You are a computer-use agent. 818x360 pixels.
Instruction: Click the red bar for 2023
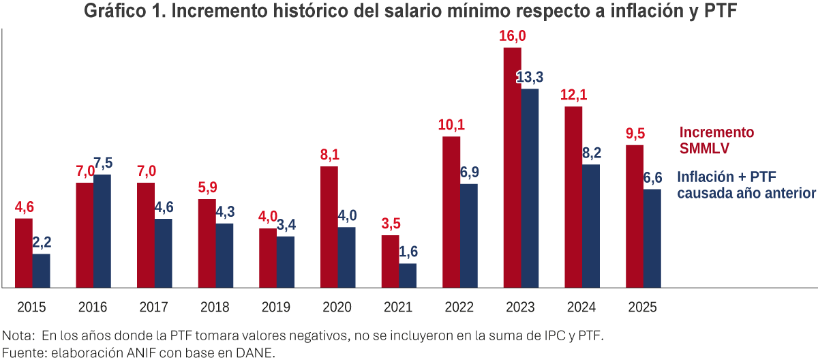(x=513, y=167)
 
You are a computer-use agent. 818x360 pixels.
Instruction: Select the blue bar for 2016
(x=102, y=230)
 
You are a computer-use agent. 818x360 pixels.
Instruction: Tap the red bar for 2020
(x=329, y=226)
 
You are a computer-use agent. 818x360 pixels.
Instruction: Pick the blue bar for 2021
(x=408, y=275)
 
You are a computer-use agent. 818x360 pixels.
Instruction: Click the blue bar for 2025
(x=652, y=238)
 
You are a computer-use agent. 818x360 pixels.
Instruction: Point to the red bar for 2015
(x=24, y=252)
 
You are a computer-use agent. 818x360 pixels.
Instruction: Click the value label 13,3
(x=530, y=78)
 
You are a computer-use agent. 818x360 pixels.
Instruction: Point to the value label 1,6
(x=408, y=252)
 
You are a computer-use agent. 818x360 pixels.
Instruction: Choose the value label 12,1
(x=574, y=95)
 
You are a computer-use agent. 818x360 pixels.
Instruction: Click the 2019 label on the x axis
(x=276, y=307)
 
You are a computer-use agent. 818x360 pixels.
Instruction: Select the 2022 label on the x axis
(x=459, y=307)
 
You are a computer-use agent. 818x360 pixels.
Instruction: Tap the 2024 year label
(x=581, y=307)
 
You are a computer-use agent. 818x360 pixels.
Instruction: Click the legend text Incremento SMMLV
(x=716, y=140)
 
